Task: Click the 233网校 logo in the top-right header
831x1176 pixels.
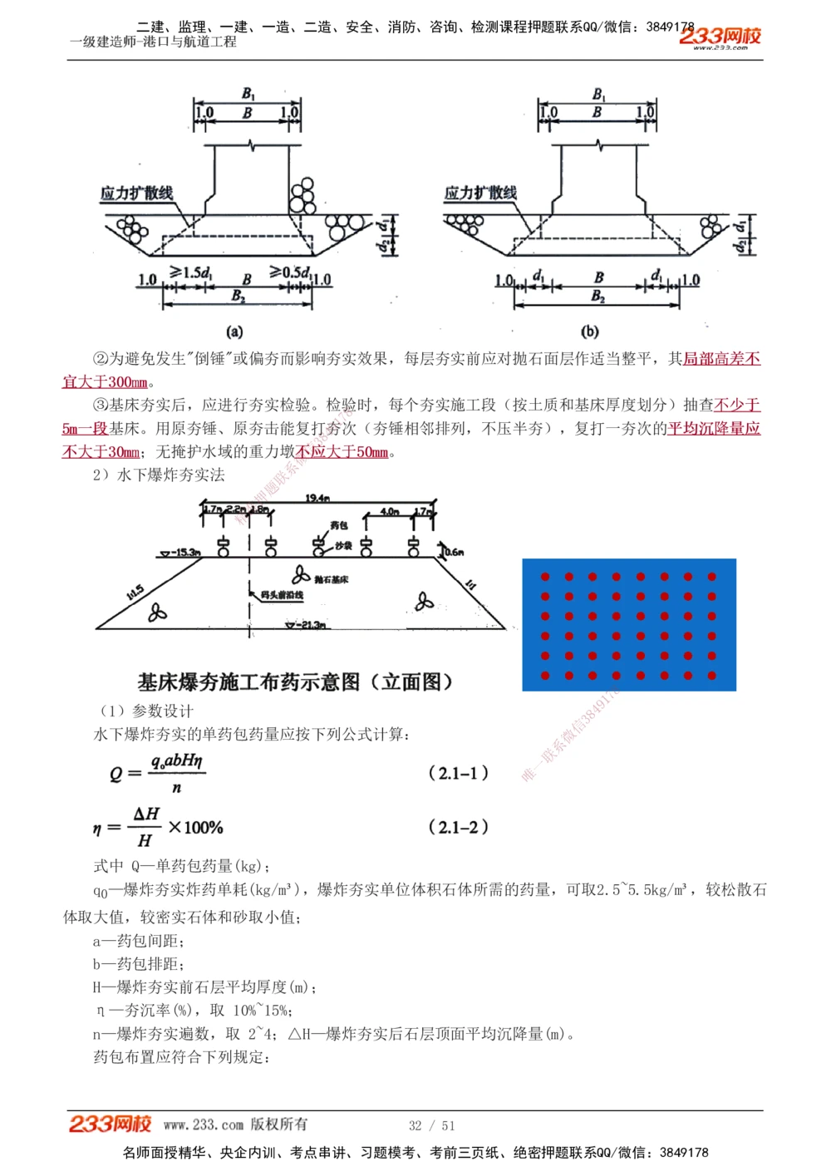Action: [x=720, y=37]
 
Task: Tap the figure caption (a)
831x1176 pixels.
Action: [x=235, y=332]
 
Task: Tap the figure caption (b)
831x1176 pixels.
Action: [x=589, y=332]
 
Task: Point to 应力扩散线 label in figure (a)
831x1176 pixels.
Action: [x=136, y=193]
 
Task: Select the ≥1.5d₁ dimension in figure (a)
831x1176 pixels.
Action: [x=190, y=272]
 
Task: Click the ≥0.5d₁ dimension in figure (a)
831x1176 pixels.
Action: [x=289, y=272]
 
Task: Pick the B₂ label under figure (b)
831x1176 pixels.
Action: [x=597, y=297]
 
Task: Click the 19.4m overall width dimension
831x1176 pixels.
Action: [x=317, y=499]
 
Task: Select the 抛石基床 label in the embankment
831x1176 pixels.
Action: [x=331, y=578]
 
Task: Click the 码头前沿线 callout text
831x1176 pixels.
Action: [x=281, y=596]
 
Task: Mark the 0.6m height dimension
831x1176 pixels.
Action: [x=454, y=551]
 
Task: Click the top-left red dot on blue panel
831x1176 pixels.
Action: [x=545, y=577]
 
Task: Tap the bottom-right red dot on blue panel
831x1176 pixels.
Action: [x=712, y=676]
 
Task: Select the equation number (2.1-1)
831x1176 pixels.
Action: [x=458, y=773]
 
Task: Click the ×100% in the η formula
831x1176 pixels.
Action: [x=195, y=828]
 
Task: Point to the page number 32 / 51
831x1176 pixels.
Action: [x=431, y=1125]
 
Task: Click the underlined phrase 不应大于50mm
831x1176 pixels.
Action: [x=342, y=452]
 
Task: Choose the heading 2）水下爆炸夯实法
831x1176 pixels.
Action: [x=159, y=475]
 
